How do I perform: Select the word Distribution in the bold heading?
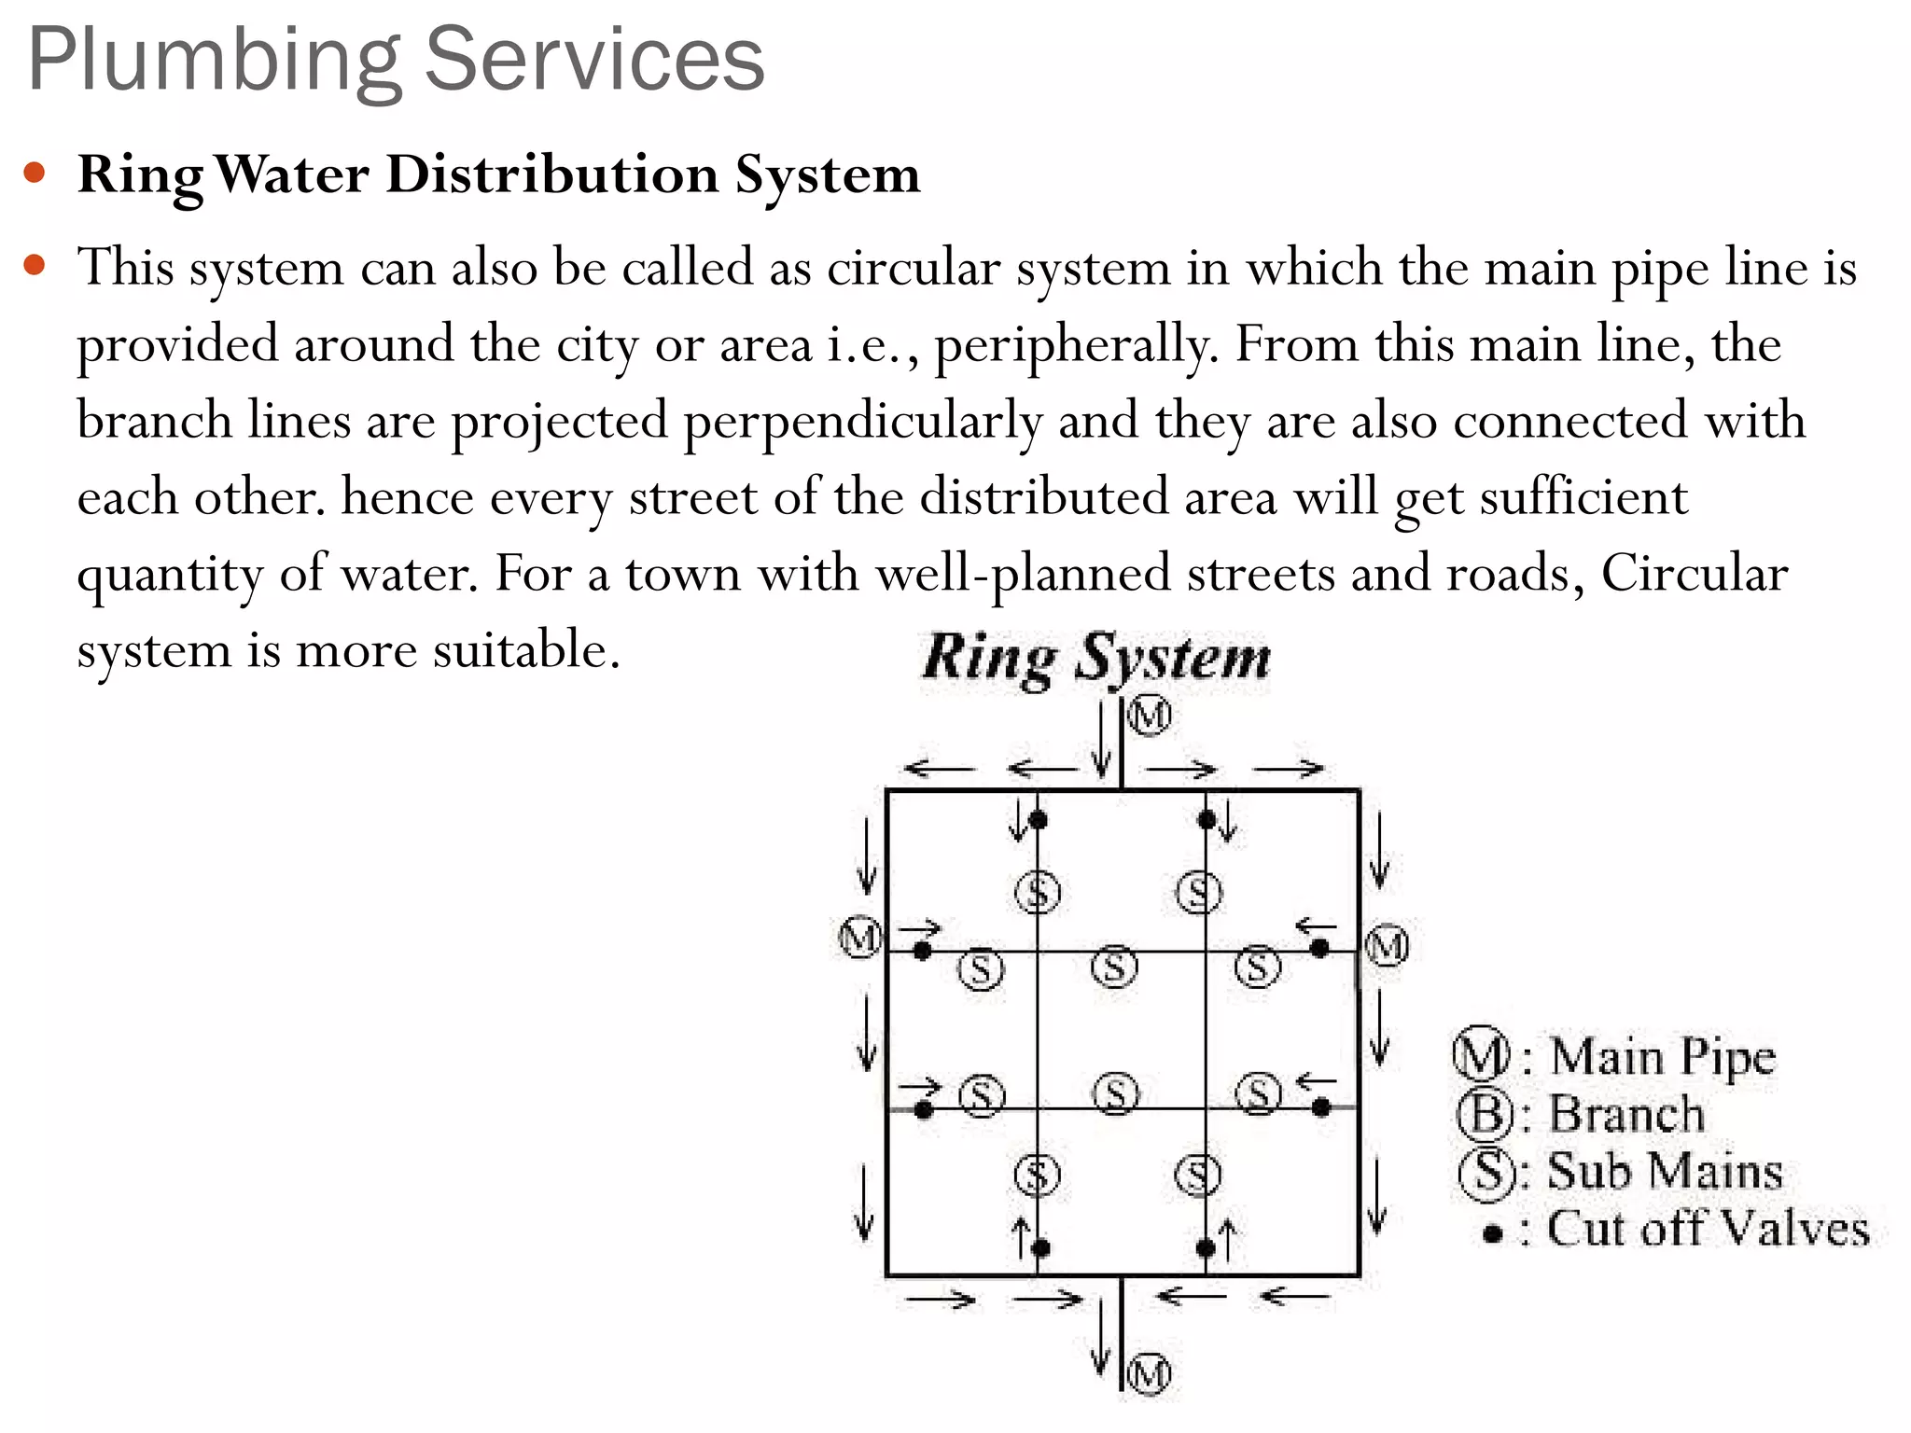point(551,174)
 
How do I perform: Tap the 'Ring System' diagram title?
point(1096,659)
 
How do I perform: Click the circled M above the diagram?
point(1149,716)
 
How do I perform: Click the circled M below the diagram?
point(1149,1374)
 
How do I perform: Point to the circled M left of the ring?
point(860,938)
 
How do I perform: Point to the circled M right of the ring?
point(1387,947)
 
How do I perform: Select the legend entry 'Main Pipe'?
point(1661,1057)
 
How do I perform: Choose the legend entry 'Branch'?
point(1625,1114)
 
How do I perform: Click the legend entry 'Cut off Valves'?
point(1708,1230)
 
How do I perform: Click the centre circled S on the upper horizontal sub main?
point(1115,967)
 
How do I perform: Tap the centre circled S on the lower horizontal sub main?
point(1116,1094)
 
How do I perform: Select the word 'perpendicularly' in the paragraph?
point(862,422)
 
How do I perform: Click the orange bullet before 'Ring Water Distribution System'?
point(35,173)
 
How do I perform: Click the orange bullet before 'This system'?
point(35,265)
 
